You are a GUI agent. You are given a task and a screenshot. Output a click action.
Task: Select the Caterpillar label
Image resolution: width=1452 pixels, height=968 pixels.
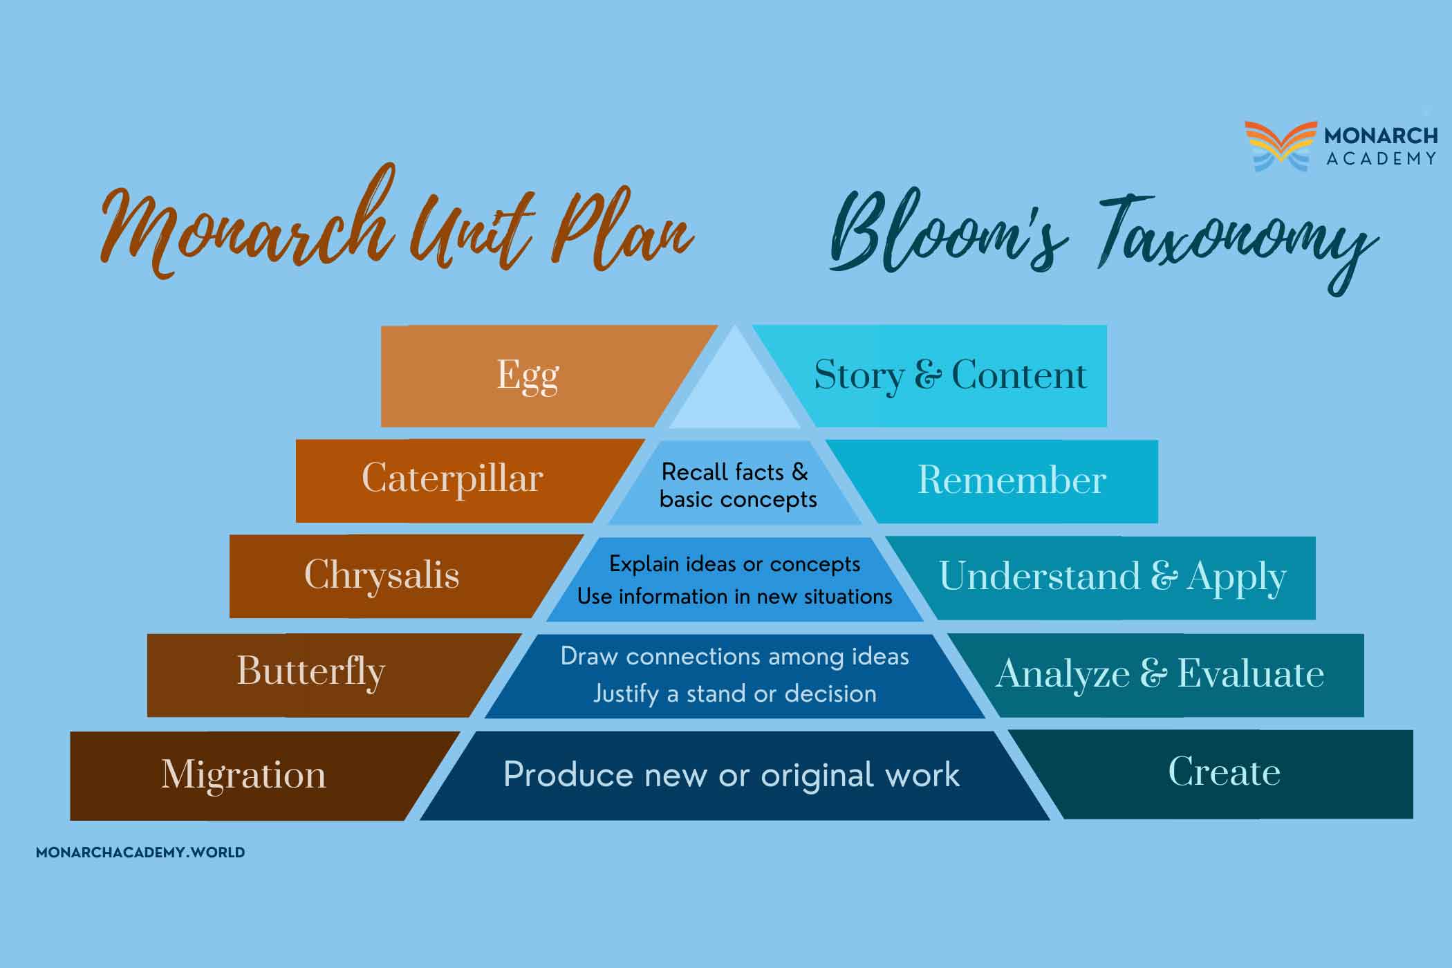point(452,479)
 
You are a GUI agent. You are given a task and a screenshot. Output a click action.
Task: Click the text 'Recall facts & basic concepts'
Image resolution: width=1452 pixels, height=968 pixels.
point(737,485)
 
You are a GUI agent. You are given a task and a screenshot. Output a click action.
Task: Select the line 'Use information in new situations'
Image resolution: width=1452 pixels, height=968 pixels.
point(734,596)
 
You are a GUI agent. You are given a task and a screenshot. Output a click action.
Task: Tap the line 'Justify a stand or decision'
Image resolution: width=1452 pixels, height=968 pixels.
point(734,694)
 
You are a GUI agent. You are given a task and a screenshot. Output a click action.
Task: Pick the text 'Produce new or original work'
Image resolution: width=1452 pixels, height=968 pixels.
point(732,774)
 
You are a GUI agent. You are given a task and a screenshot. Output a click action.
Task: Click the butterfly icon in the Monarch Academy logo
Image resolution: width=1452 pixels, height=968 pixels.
point(1281,146)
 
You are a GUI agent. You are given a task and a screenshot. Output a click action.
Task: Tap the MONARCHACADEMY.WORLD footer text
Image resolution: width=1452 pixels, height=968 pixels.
point(140,853)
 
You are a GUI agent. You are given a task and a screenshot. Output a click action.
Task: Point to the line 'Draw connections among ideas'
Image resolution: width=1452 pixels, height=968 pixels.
point(734,656)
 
